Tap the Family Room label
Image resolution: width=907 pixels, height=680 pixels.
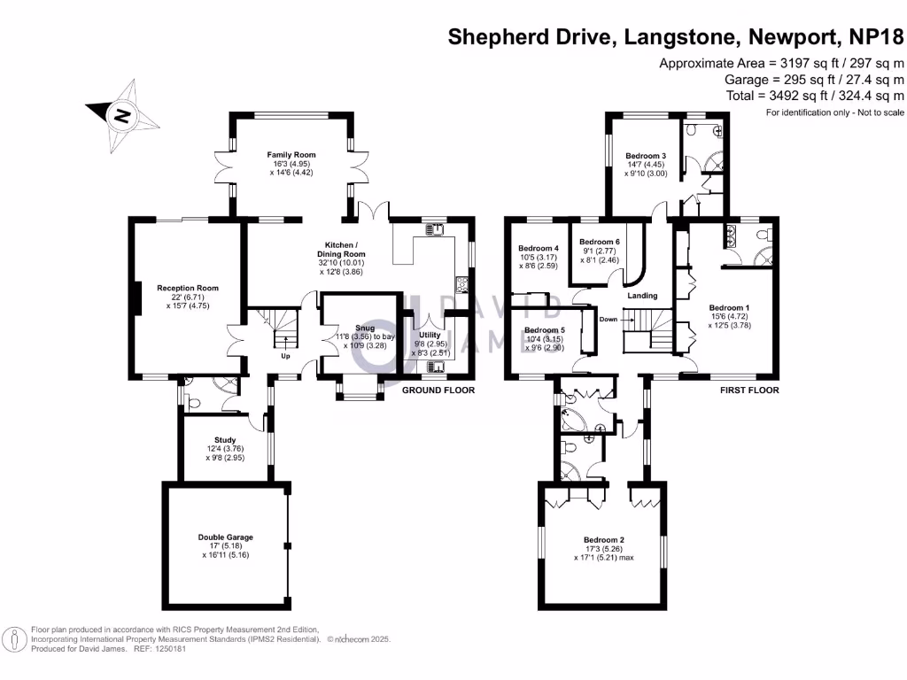pos(291,155)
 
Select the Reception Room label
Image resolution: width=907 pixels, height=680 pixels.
pos(188,288)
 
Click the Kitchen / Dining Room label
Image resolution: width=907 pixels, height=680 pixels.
pos(341,249)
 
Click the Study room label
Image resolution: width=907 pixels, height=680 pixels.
pos(224,439)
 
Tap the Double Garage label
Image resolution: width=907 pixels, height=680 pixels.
pos(225,537)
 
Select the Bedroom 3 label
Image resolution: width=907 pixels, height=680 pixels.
pos(646,156)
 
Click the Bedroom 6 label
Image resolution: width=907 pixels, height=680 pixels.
pos(599,242)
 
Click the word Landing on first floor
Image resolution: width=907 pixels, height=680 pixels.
pos(642,296)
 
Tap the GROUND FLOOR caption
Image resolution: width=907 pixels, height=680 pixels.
pos(438,390)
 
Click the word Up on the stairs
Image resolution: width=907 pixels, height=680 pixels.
pos(285,357)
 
